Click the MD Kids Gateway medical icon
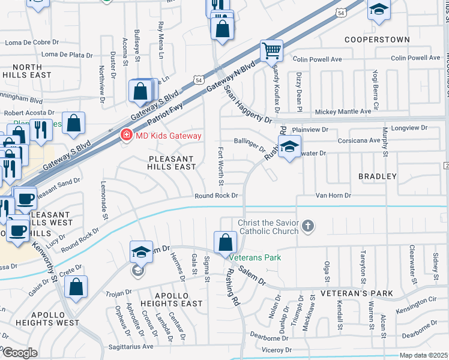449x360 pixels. coord(127,135)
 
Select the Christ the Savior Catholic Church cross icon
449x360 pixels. coord(308,226)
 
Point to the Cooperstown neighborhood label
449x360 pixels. coord(377,40)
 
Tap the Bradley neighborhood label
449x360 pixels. coord(377,176)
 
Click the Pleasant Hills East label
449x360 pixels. coord(172,162)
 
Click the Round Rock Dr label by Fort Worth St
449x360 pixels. coord(217,196)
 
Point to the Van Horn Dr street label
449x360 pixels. coord(333,196)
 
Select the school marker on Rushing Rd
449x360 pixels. coord(289,146)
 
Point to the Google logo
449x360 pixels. coord(20,353)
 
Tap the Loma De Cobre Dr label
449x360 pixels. coord(32,43)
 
